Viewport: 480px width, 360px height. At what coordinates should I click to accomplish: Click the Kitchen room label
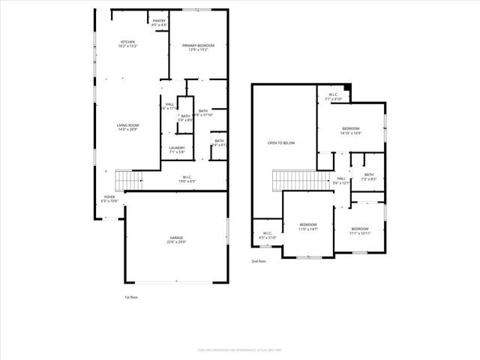pyautogui.click(x=127, y=43)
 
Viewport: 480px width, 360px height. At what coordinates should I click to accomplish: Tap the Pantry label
pyautogui.click(x=159, y=23)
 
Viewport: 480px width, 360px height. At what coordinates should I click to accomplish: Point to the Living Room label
pyautogui.click(x=127, y=127)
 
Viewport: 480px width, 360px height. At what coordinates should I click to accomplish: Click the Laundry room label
pyautogui.click(x=177, y=150)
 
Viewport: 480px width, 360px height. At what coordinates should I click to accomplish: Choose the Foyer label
pyautogui.click(x=109, y=199)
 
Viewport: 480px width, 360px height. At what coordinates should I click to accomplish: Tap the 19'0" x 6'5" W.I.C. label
pyautogui.click(x=187, y=179)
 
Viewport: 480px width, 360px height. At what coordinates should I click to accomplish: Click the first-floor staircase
pyautogui.click(x=133, y=181)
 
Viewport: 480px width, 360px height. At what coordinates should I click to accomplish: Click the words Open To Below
pyautogui.click(x=282, y=142)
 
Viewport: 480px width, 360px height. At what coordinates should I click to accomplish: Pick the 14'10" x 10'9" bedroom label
pyautogui.click(x=350, y=130)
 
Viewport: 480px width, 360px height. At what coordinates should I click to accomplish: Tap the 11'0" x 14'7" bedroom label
pyautogui.click(x=308, y=226)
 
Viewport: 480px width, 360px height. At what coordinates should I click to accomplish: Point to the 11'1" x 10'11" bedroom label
pyautogui.click(x=360, y=230)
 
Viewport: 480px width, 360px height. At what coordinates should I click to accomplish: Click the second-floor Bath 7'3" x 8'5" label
pyautogui.click(x=368, y=177)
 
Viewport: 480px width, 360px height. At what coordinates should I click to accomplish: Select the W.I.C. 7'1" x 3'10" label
pyautogui.click(x=334, y=97)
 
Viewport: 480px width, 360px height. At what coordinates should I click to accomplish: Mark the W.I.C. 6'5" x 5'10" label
pyautogui.click(x=267, y=235)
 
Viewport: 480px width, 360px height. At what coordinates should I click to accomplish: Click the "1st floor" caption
pyautogui.click(x=132, y=298)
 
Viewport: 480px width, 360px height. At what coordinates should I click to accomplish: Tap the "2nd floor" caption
pyautogui.click(x=259, y=262)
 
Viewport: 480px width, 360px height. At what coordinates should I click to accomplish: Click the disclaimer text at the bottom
pyautogui.click(x=239, y=348)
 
